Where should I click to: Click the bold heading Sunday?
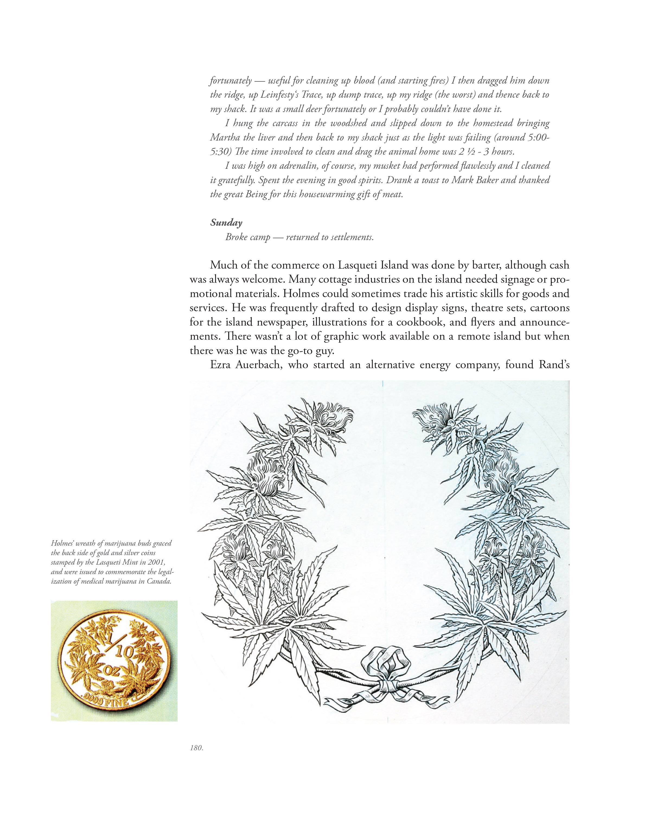(226, 223)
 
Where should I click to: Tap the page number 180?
(197, 748)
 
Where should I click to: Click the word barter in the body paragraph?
(486, 265)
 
